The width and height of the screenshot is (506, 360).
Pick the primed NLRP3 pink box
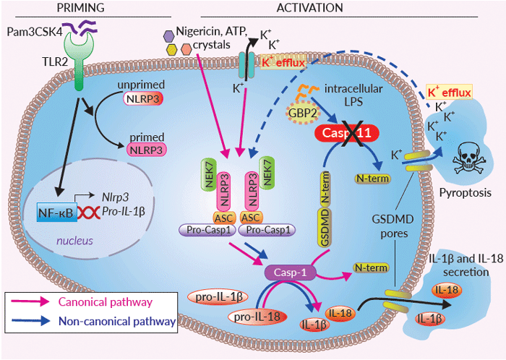click(145, 149)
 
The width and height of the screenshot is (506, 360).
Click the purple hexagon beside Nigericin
click(168, 34)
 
